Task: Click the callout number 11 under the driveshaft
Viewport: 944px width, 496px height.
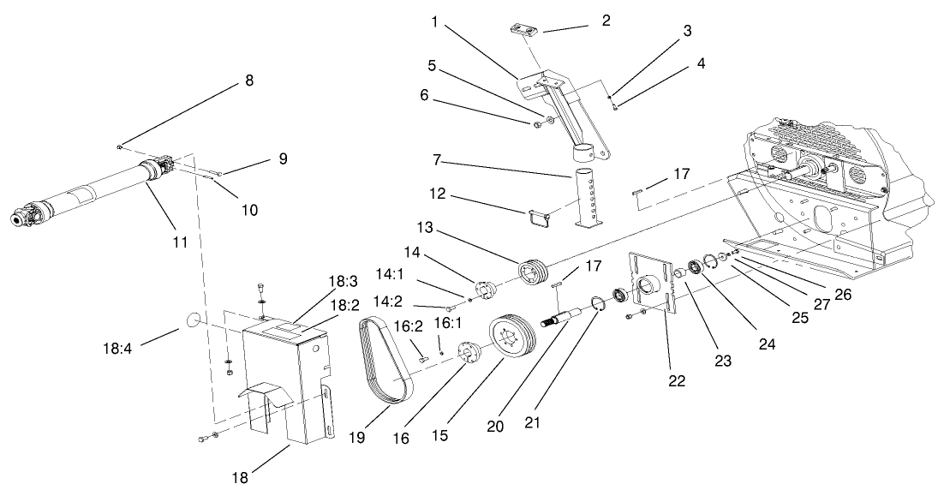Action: tap(178, 242)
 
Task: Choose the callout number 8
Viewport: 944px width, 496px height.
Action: tap(249, 81)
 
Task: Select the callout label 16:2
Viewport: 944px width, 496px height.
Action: tap(407, 326)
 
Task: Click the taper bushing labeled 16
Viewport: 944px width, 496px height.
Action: tap(470, 353)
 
